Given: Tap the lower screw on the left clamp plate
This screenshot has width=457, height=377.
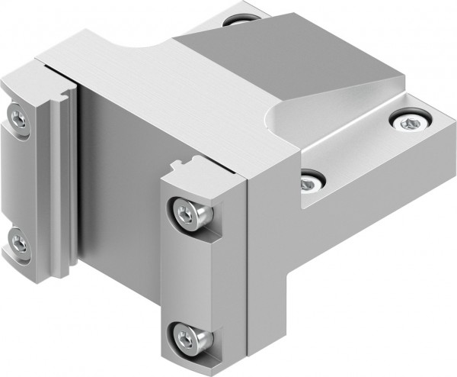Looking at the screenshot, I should pyautogui.click(x=19, y=243).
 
